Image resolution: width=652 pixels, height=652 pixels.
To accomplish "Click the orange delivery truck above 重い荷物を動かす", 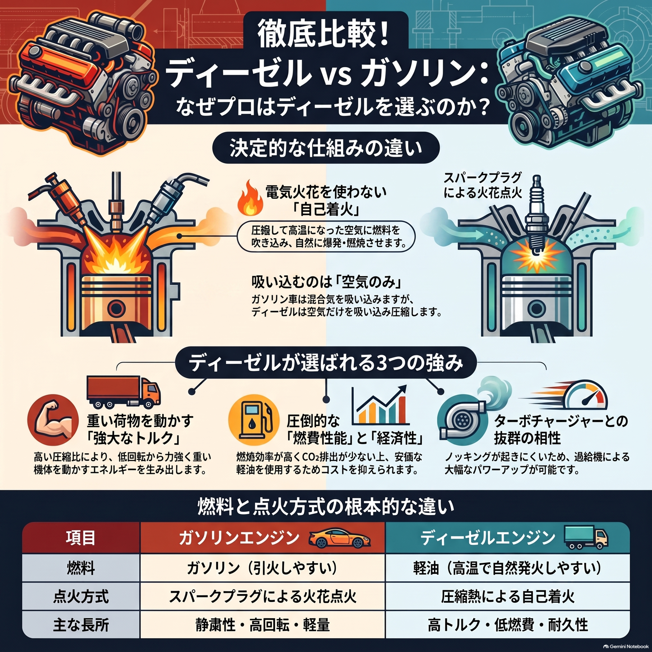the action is click(x=123, y=391).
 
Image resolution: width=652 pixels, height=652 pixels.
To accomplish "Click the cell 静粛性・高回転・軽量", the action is click(x=262, y=625).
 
